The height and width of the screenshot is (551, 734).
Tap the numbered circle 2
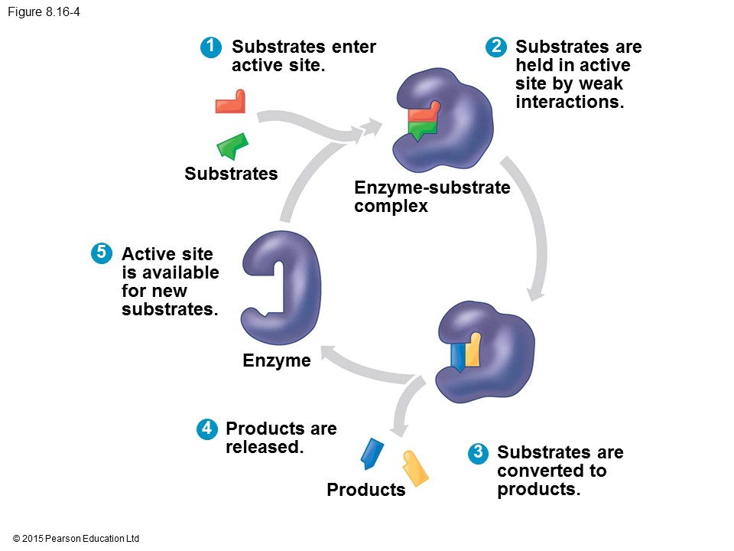point(496,47)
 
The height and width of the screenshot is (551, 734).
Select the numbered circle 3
point(478,452)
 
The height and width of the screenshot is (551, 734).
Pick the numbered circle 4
point(206,429)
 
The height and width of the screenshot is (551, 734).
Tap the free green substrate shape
point(232,145)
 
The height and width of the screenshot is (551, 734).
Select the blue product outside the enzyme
point(371,453)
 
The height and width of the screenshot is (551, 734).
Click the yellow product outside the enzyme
point(414,468)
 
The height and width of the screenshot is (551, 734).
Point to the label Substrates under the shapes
point(231,174)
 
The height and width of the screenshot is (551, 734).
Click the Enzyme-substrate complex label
point(432,197)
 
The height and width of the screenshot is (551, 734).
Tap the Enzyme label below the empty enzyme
point(277,360)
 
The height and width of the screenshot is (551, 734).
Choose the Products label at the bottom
point(366,490)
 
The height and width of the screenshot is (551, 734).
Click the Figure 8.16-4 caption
point(44,11)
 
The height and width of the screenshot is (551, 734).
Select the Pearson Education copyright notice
point(76,539)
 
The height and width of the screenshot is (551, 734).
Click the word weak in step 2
point(600,83)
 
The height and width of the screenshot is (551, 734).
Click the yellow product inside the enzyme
point(473,350)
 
